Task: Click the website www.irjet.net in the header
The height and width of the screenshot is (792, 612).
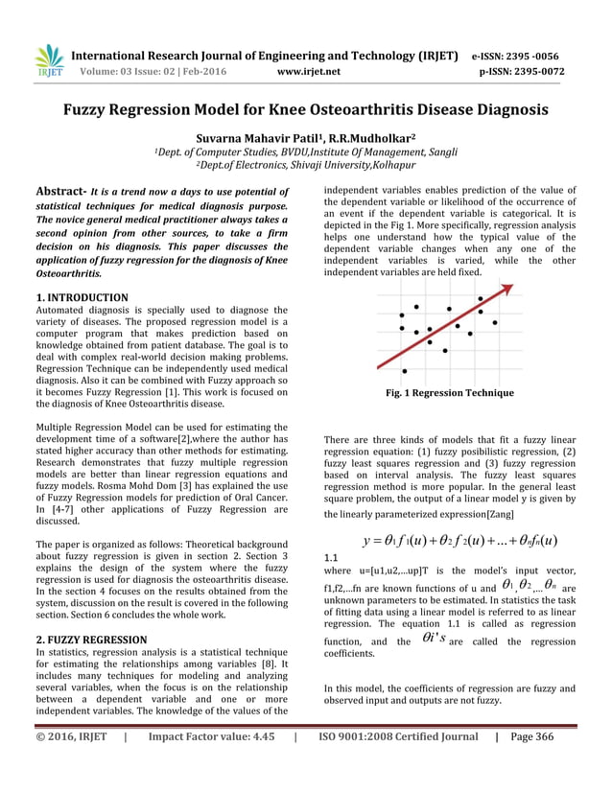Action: tap(307, 71)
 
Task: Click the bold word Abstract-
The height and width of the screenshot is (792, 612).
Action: tap(63, 191)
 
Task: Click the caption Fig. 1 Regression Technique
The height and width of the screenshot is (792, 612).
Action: tap(450, 393)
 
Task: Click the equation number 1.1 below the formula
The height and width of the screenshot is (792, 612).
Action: tap(331, 557)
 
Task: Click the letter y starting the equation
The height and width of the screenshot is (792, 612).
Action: tap(366, 540)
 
